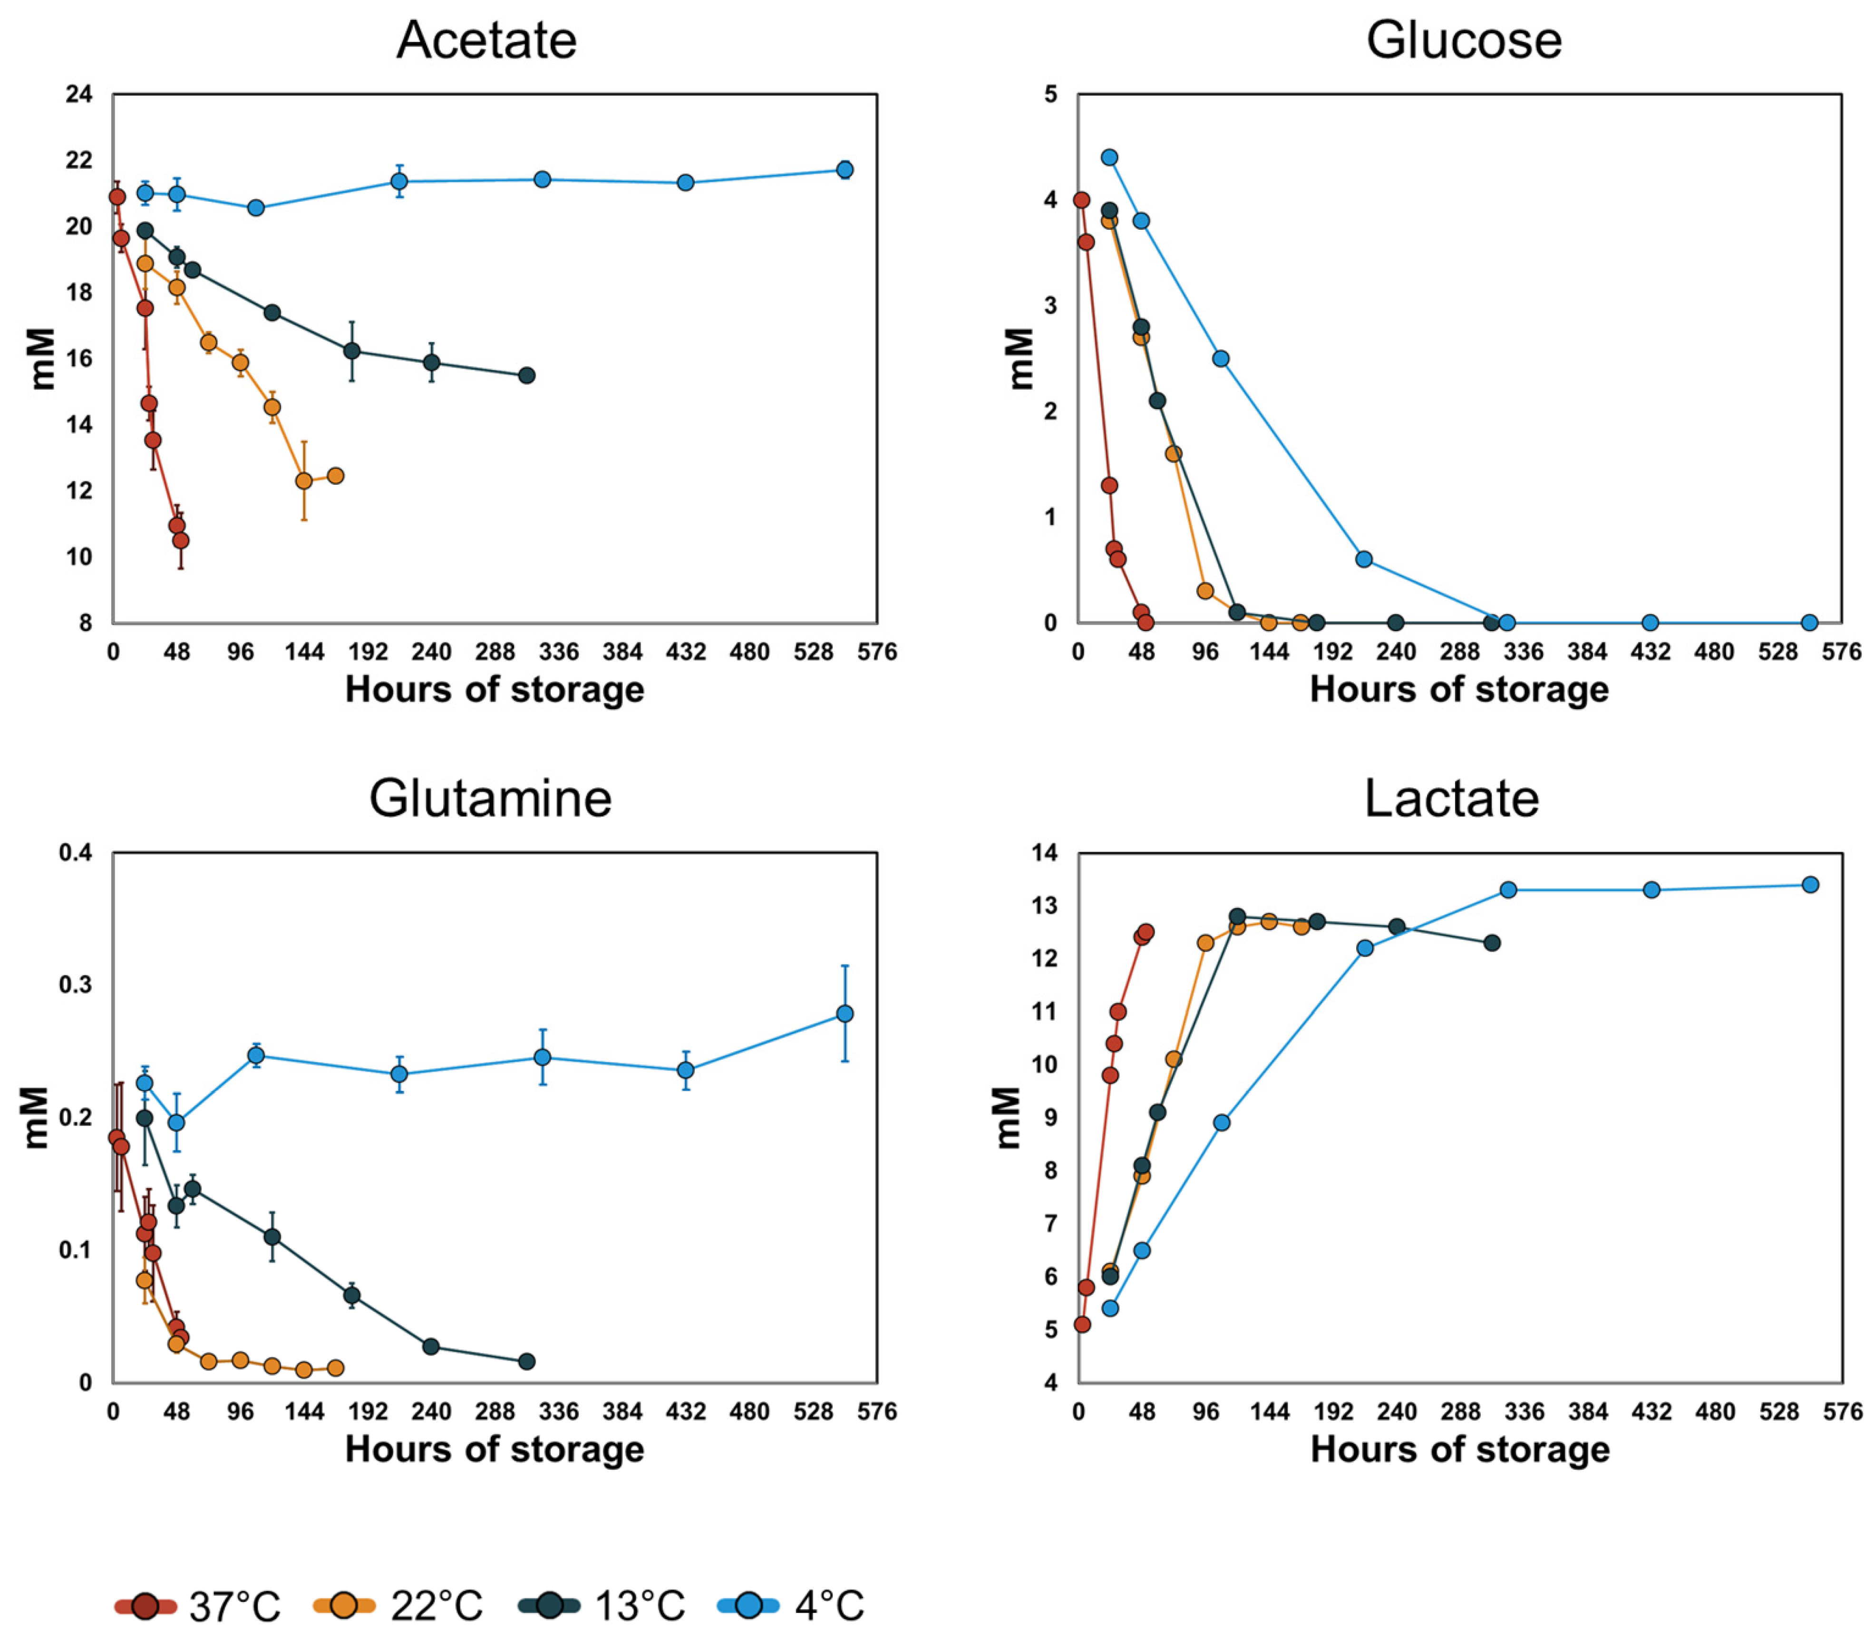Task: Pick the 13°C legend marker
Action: point(549,1605)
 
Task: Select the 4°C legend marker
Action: point(748,1605)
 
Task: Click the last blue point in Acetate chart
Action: point(845,170)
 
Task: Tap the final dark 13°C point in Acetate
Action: point(526,375)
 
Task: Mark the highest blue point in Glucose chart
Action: point(1109,157)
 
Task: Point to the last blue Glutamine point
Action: point(845,1014)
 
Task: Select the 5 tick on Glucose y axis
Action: point(1050,94)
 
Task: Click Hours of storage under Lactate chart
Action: point(1459,1449)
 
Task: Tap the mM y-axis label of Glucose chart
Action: point(1020,359)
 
